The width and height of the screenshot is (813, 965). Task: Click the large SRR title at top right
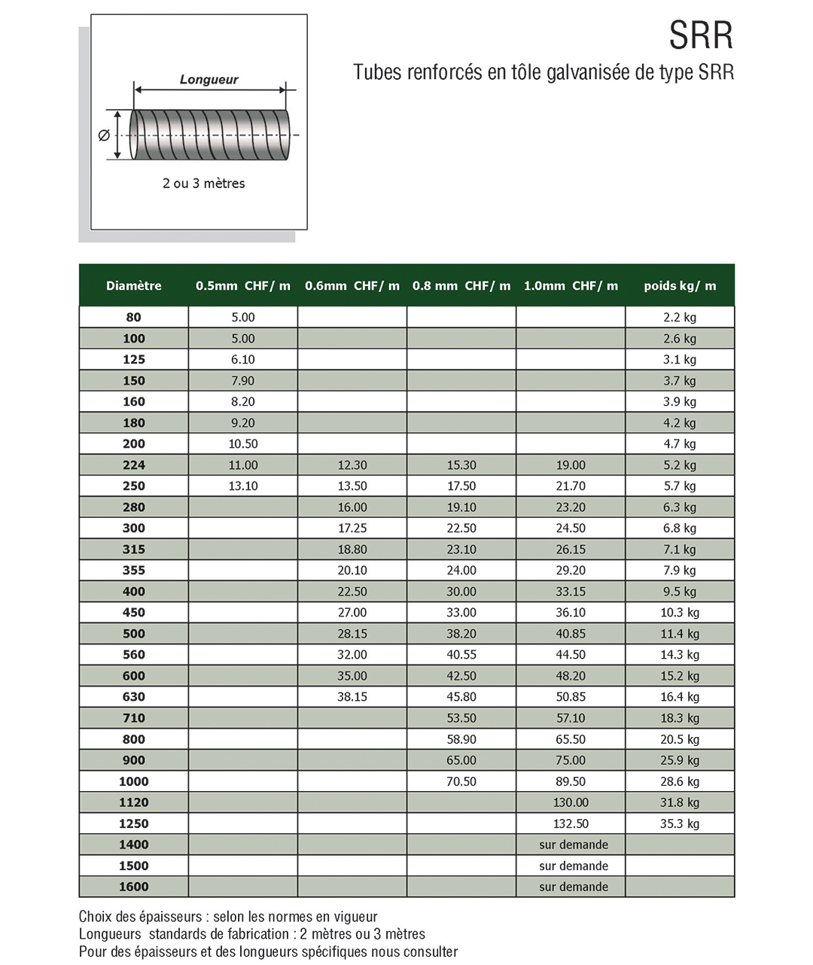(701, 35)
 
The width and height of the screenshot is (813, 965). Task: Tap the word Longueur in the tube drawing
(209, 80)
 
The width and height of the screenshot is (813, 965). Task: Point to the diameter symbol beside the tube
(104, 135)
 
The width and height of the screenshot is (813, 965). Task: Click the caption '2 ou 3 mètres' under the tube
(203, 184)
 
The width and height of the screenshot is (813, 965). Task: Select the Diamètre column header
(133, 286)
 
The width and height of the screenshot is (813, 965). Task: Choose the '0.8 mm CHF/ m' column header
(461, 286)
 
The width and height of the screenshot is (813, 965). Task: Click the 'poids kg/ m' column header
(680, 286)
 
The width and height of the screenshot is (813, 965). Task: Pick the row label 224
(133, 465)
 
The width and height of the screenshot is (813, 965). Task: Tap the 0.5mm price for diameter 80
(242, 318)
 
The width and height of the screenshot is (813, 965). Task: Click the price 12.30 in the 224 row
(352, 465)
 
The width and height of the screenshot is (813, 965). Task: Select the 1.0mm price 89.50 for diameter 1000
(571, 781)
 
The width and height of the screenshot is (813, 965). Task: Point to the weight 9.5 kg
(680, 592)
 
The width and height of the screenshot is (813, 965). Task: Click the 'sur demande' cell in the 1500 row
(573, 866)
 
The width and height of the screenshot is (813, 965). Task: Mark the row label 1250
(133, 823)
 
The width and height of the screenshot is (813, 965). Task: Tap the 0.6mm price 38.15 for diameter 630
(352, 697)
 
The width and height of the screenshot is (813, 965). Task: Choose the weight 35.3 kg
(680, 823)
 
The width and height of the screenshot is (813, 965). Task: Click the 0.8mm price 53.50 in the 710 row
(461, 718)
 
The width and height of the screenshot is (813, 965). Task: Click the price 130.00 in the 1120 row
(571, 802)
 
